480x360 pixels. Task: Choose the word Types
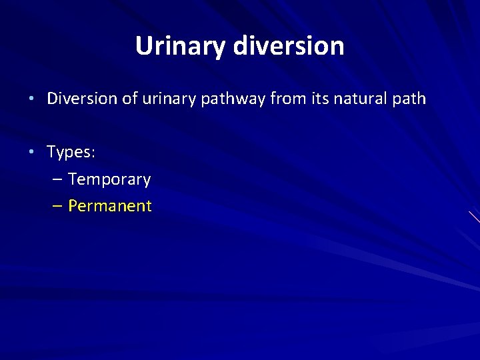pos(69,153)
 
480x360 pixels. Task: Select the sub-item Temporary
pos(109,180)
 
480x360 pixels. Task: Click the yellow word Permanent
pos(110,206)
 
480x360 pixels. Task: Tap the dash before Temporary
pos(58,180)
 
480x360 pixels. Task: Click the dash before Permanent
pos(58,207)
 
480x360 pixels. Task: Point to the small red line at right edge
pos(474,216)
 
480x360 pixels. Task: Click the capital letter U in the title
pos(143,46)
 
